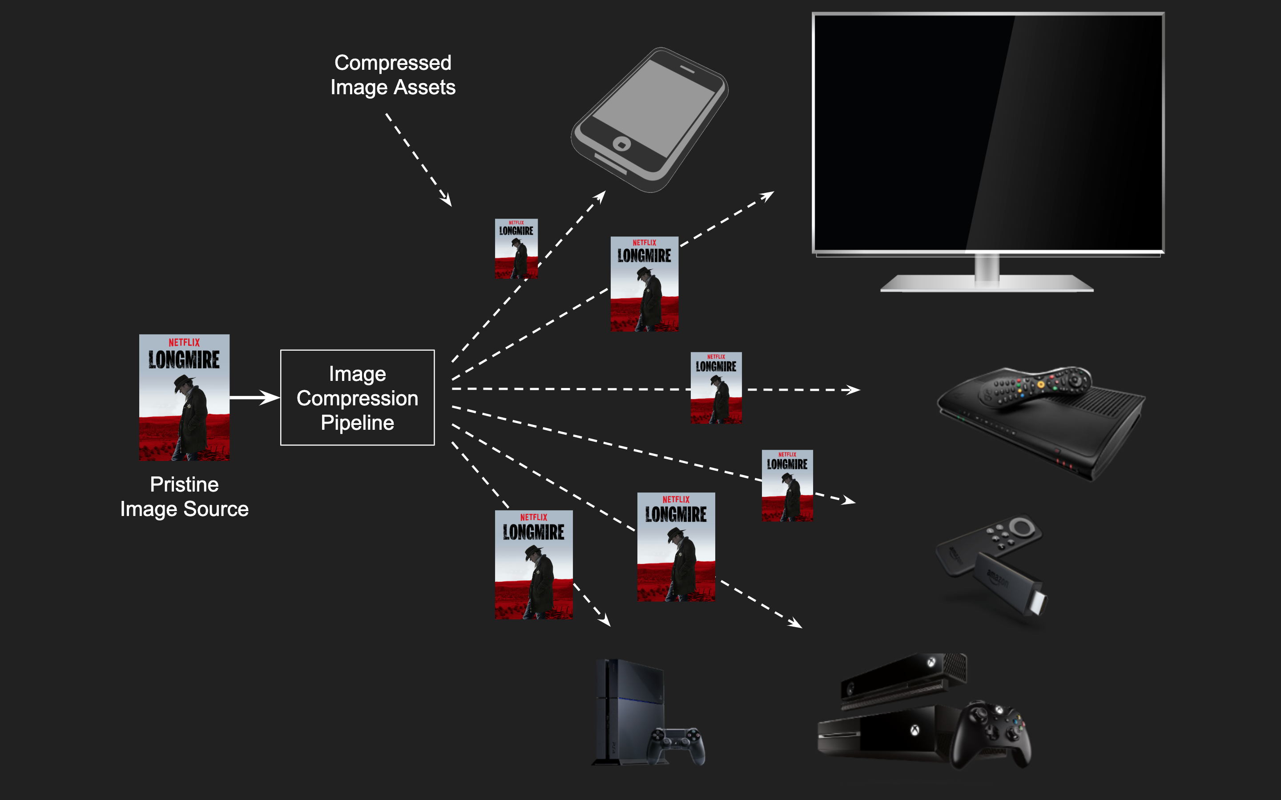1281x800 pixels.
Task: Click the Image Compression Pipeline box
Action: click(x=357, y=397)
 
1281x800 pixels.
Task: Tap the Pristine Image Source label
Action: click(x=184, y=496)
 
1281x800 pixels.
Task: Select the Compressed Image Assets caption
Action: click(x=393, y=75)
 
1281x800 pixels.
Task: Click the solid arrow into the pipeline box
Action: click(x=254, y=397)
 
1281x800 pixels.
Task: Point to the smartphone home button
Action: click(x=621, y=144)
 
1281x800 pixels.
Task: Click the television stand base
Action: click(x=987, y=283)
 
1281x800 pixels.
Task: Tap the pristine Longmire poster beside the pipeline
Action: click(x=184, y=397)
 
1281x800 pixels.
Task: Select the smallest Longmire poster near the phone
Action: click(x=516, y=249)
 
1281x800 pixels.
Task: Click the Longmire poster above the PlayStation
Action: click(x=534, y=564)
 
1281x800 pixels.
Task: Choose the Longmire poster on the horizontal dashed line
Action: click(x=716, y=388)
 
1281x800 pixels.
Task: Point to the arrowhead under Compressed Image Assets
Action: click(x=446, y=200)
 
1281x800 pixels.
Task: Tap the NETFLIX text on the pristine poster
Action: click(x=184, y=342)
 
